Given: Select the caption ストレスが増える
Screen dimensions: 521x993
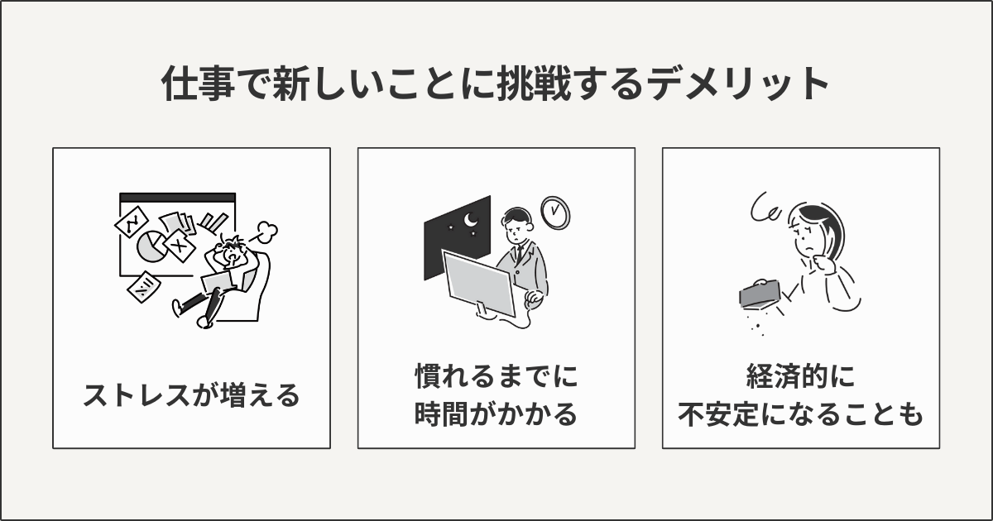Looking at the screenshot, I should click(191, 396).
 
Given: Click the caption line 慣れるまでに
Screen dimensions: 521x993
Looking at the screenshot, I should click(496, 378).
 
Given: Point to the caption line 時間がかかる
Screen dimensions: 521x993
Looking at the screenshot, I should click(496, 414).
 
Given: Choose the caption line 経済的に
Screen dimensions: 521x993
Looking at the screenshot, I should click(800, 378).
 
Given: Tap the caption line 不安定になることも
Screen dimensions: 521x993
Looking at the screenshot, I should click(800, 414).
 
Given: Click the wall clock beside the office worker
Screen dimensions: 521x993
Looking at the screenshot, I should click(555, 212).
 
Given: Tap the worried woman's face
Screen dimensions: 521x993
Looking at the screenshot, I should click(807, 235).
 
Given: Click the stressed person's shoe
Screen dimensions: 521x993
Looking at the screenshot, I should click(205, 321).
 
